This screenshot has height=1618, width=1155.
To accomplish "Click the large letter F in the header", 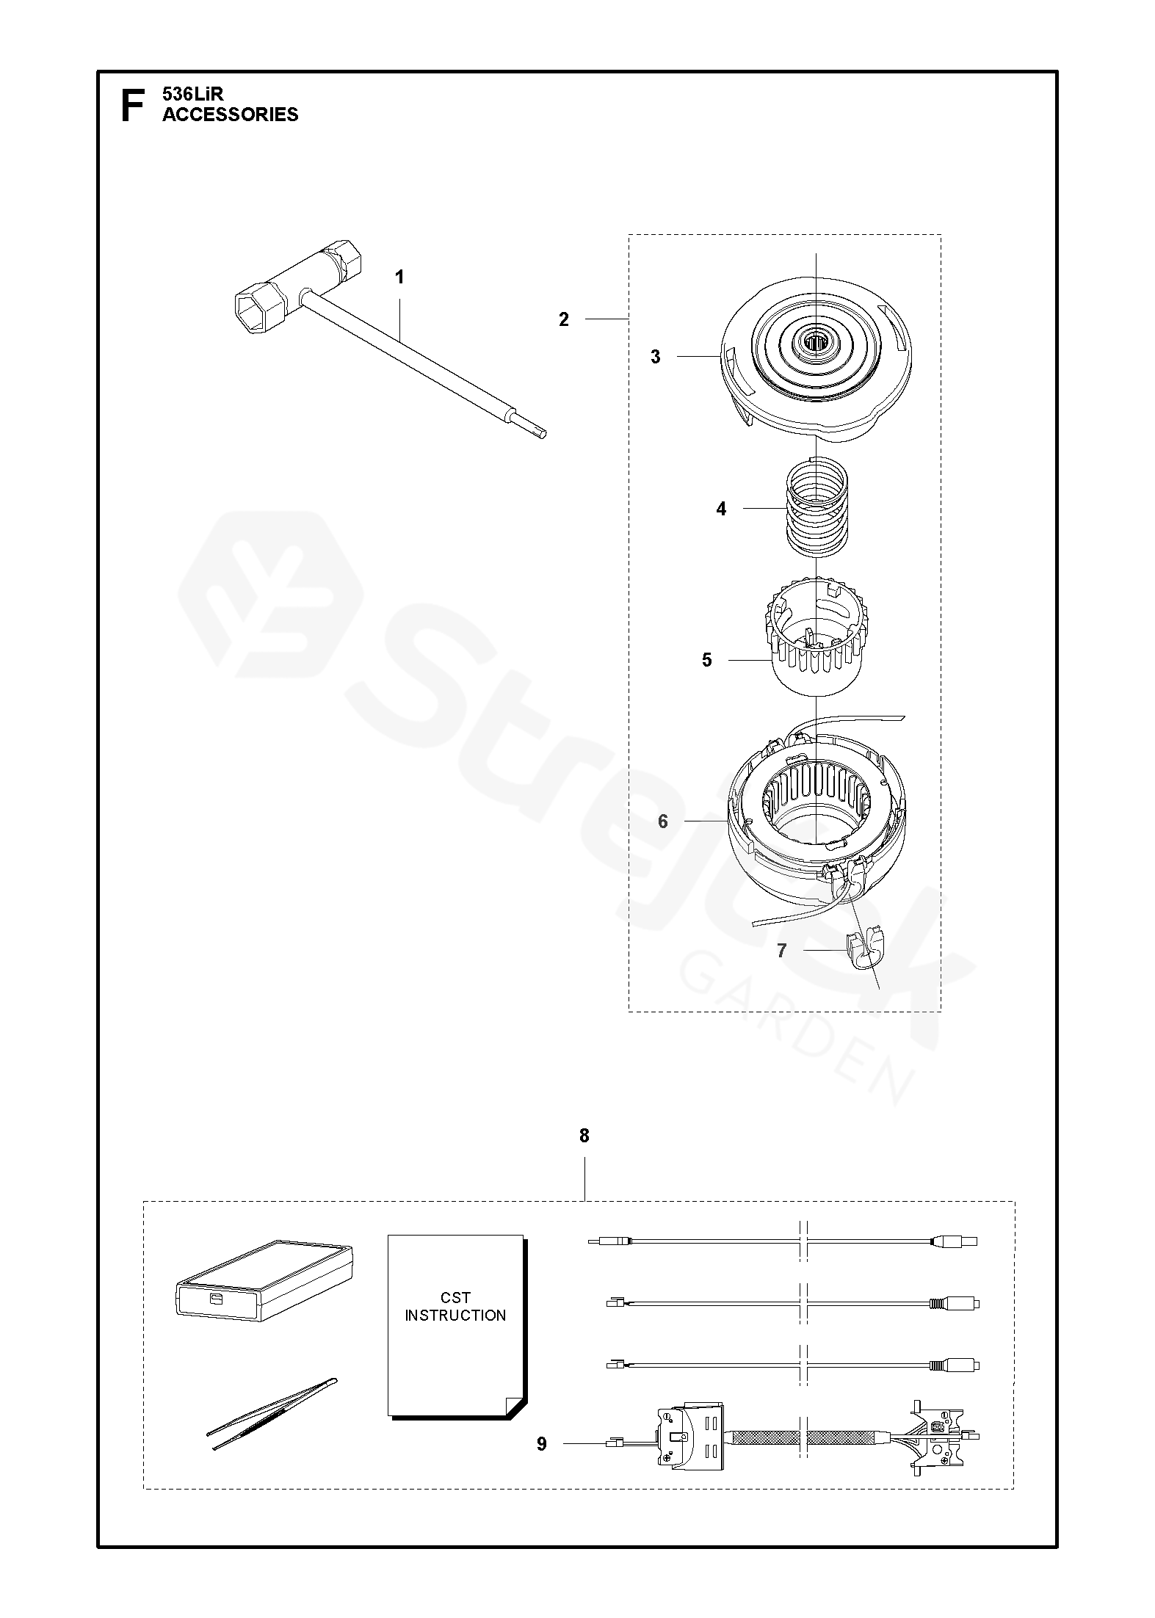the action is click(x=131, y=105).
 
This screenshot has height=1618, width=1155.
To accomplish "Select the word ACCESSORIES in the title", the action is click(x=231, y=115).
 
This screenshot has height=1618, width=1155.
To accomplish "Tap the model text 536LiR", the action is click(x=192, y=94).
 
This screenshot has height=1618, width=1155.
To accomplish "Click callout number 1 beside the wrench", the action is click(x=399, y=277).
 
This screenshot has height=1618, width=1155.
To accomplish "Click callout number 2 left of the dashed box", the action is click(x=563, y=320).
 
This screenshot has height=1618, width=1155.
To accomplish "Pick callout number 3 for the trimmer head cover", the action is click(x=656, y=357).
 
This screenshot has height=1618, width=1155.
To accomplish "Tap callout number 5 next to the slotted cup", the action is click(x=706, y=660).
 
